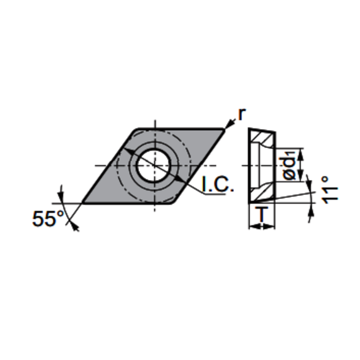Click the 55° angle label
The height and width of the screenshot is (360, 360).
tap(48, 219)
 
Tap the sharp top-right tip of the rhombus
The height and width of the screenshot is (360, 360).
tap(224, 129)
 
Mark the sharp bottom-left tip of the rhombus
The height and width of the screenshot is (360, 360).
tap(82, 203)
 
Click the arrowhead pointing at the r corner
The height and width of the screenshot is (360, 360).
tap(229, 125)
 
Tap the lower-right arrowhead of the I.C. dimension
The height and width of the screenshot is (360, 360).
tap(179, 179)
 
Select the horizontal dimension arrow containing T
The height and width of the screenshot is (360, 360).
tap(262, 226)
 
